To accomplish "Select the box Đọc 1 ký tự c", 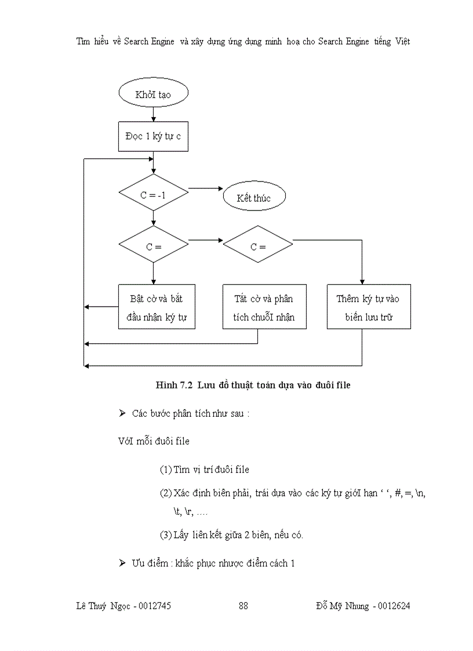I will (x=153, y=137).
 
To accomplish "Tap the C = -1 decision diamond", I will (x=153, y=195).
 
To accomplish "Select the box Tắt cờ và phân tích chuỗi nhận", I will (x=264, y=307).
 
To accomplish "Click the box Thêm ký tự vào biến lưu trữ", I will (x=368, y=307).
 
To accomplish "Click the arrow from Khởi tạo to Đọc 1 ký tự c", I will (x=153, y=115).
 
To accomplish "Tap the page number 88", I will (x=243, y=606).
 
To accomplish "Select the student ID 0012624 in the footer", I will (x=394, y=606).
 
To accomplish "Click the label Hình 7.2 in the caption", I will (x=174, y=385).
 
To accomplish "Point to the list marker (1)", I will (x=165, y=470).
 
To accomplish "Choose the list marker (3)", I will (x=165, y=534).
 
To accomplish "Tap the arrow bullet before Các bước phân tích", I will (x=122, y=413).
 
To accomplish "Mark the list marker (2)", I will (x=165, y=493).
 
